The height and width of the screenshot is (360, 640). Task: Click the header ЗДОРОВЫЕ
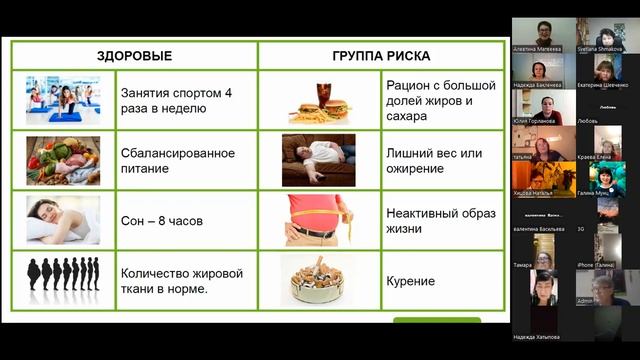point(134,56)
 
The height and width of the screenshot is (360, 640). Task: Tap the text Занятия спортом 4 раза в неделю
point(175,100)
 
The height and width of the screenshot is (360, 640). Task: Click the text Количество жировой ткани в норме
point(181,280)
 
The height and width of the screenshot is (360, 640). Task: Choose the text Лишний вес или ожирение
point(433,161)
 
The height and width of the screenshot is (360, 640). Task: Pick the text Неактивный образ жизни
point(432,220)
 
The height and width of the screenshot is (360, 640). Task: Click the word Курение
point(410,281)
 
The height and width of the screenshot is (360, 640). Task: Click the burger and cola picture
point(317,100)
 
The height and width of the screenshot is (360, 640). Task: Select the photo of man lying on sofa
point(318,160)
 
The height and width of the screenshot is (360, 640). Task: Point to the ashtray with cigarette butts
point(317,281)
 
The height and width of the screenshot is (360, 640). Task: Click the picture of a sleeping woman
point(62,220)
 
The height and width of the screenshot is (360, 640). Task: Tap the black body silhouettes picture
point(62,278)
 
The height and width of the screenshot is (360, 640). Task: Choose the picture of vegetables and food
point(62,161)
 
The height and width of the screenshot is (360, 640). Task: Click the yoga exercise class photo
point(62,100)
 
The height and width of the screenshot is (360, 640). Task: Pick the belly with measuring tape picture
point(317,220)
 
